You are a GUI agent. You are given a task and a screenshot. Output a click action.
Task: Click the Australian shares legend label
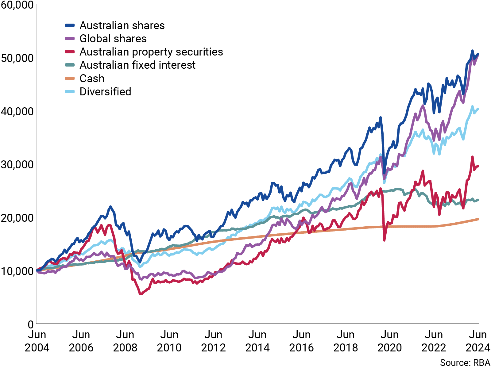122,25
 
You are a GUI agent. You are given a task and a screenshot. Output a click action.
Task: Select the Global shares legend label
113,39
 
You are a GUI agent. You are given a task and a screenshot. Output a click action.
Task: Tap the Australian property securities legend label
151,52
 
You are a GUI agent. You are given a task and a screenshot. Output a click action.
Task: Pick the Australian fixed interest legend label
137,65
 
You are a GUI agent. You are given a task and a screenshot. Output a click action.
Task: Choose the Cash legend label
92,79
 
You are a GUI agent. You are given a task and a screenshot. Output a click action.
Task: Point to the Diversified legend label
105,92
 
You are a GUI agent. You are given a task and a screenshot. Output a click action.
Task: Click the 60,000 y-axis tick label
17,5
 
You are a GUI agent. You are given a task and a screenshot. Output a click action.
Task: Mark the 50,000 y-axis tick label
17,58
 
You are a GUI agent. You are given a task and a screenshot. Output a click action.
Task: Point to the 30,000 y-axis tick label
17,165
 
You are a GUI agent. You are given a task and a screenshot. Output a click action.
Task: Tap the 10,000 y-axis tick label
17,271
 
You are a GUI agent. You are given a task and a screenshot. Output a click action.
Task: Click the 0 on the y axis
30,324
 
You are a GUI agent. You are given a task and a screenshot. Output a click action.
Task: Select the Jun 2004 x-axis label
37,341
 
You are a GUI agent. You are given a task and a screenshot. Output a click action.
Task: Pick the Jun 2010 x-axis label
169,341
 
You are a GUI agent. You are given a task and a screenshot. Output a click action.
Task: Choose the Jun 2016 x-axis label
301,341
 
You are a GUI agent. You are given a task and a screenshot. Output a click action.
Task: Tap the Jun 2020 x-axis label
389,341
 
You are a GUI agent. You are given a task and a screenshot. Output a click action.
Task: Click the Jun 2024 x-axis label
477,341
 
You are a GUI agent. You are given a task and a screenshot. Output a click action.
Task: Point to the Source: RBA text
465,363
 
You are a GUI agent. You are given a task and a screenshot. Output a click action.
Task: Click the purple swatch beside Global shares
70,39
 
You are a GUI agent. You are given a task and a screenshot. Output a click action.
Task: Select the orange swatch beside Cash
70,79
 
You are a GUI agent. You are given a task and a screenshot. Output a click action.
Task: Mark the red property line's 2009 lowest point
141,294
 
